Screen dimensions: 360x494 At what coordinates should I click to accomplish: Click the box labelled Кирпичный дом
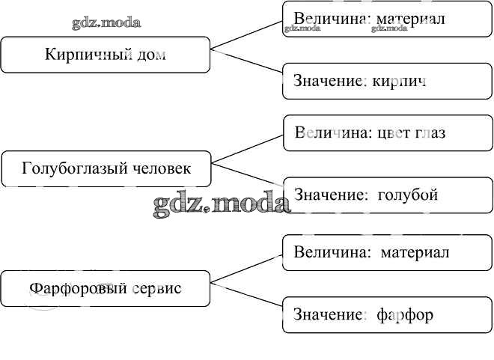tap(105, 55)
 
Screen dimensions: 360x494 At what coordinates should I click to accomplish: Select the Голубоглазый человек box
tap(106, 168)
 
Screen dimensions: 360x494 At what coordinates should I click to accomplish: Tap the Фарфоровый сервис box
tap(105, 288)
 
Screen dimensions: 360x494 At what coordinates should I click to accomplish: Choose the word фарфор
tap(406, 314)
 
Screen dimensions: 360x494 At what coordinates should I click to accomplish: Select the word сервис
tap(156, 288)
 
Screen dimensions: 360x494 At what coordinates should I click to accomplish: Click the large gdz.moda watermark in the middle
tap(222, 204)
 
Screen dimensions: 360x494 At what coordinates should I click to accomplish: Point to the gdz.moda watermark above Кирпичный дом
tap(106, 22)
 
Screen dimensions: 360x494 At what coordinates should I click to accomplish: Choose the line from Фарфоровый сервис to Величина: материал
tap(247, 268)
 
